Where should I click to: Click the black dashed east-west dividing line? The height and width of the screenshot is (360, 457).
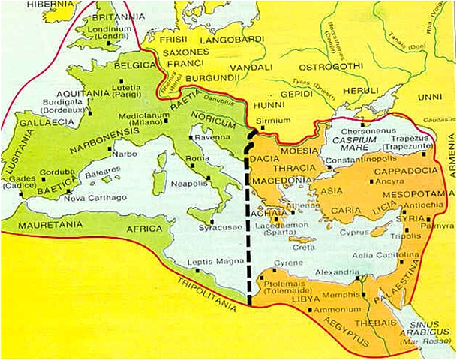248,225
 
